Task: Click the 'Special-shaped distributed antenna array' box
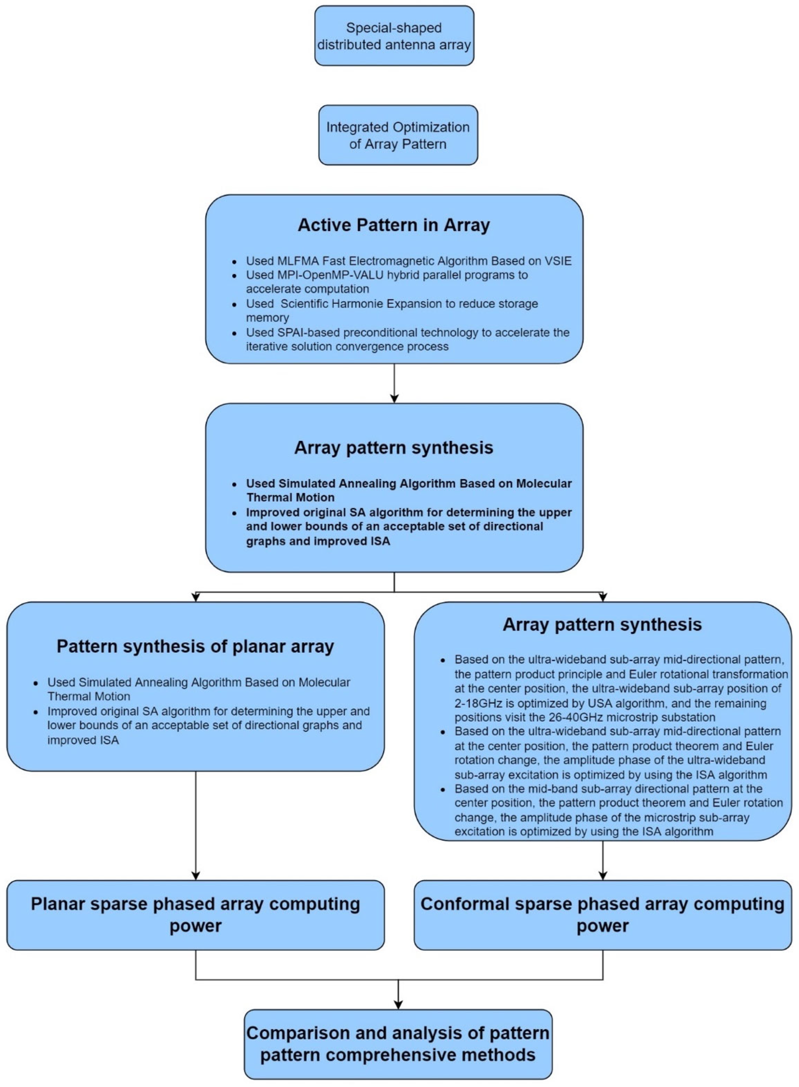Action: pos(394,36)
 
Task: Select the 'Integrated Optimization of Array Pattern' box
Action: pos(398,136)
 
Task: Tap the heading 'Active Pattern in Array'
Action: pos(394,225)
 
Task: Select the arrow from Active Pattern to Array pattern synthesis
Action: pos(394,383)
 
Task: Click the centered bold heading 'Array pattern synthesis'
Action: pos(394,448)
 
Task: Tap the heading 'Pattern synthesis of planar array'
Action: pos(195,646)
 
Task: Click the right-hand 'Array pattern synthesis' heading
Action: pos(602,624)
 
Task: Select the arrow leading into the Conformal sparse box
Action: pos(603,861)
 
